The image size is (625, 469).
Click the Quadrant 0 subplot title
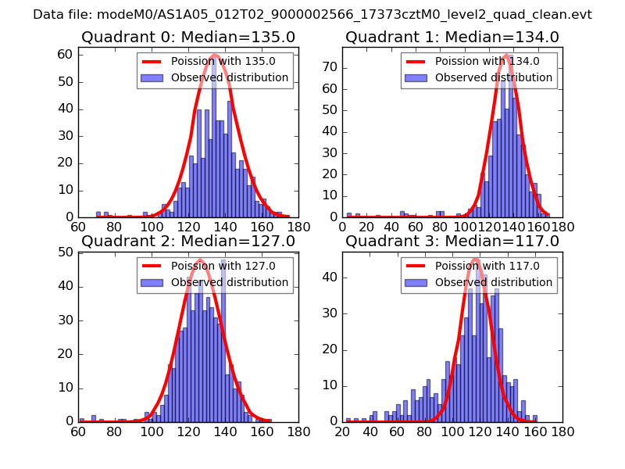(x=188, y=38)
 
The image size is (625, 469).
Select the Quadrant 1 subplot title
(x=452, y=38)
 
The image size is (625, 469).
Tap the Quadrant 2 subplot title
(x=188, y=242)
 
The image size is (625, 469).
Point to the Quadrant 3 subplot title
(x=452, y=242)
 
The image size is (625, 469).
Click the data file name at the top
(x=312, y=15)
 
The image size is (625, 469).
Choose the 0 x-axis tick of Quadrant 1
(x=343, y=227)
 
